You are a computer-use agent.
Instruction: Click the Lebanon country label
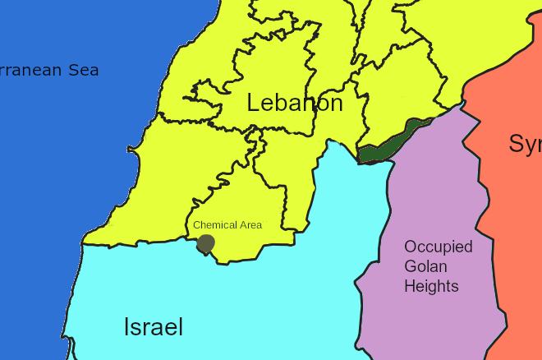coord(294,104)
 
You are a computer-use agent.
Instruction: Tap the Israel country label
coord(154,326)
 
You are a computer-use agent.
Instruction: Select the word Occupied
coord(438,247)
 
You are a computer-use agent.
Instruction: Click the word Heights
coord(430,286)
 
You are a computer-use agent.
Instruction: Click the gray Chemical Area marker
coord(205,243)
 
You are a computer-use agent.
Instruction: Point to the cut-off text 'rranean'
coord(30,71)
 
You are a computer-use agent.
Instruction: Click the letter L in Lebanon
coord(254,104)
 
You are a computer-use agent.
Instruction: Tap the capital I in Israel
coord(126,326)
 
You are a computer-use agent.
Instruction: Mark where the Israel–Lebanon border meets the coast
coord(83,243)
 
